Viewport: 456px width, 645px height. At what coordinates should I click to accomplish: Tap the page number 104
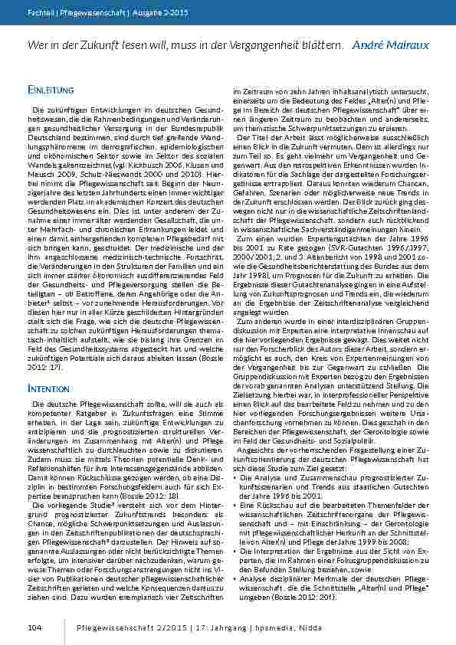(34, 627)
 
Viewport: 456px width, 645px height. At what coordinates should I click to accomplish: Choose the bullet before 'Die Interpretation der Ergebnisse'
(235, 549)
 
